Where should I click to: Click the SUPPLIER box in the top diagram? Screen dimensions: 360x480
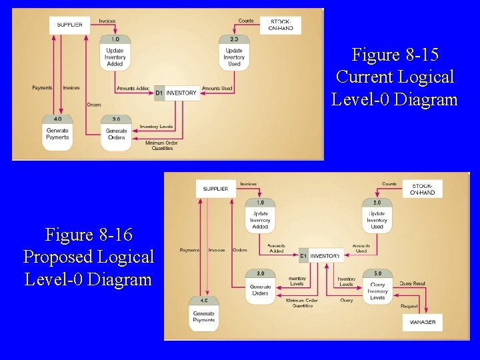[69, 25]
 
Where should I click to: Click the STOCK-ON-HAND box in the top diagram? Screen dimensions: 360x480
[280, 25]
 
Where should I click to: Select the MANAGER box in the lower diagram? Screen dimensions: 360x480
[422, 322]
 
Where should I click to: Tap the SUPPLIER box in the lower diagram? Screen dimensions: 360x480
[215, 189]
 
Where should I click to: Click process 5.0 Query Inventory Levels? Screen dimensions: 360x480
[377, 287]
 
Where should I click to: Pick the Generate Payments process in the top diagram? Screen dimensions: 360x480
[57, 133]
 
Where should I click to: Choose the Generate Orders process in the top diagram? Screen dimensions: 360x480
[116, 133]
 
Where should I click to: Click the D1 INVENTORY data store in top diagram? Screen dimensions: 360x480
[177, 93]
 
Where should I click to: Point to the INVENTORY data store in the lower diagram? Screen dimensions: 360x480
[321, 255]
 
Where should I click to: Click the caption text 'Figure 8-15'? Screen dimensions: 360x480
[395, 55]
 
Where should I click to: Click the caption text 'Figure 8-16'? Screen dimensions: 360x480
[89, 235]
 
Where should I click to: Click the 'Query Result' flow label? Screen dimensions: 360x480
[413, 283]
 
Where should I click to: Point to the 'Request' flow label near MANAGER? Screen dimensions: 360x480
[409, 306]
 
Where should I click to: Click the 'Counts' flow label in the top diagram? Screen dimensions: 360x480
[246, 21]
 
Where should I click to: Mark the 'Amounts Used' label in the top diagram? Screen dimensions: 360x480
[217, 88]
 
